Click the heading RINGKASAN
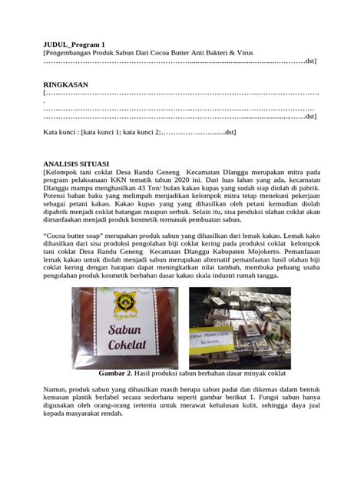[65, 84]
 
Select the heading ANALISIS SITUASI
[77, 163]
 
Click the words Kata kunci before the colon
[61, 132]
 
